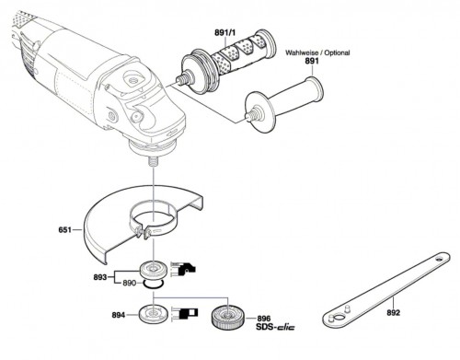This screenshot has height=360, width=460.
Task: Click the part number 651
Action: tap(64, 229)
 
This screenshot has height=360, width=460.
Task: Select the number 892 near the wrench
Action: tap(393, 312)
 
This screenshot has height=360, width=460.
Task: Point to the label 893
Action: tap(100, 277)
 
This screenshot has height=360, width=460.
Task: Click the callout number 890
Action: tap(129, 283)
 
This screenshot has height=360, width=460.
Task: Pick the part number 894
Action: tap(119, 315)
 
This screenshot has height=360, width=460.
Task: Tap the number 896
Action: tap(264, 319)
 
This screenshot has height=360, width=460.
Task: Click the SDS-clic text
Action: tap(275, 327)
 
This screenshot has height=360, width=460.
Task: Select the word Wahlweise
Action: tap(302, 52)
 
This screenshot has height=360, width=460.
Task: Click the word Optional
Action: tap(337, 52)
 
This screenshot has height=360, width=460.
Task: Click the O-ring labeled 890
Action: tap(154, 285)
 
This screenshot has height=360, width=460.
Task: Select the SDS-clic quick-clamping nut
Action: tap(227, 318)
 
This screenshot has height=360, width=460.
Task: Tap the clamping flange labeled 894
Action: tap(153, 314)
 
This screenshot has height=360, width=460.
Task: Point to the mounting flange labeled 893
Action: tap(153, 271)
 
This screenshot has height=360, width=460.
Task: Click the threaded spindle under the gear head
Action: tap(153, 161)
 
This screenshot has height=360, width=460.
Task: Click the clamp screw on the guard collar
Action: tap(144, 232)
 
